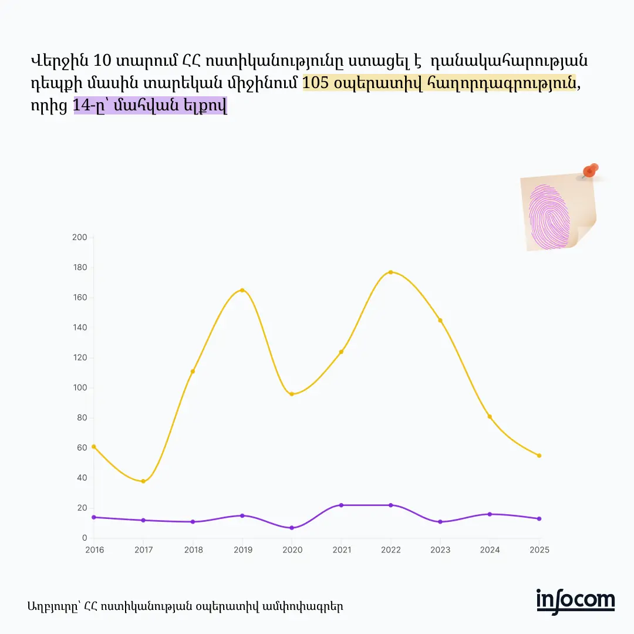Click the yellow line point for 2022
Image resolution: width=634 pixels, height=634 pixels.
(x=391, y=272)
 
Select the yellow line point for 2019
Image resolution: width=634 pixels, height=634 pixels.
(x=242, y=290)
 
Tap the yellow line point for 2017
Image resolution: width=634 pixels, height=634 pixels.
(x=143, y=481)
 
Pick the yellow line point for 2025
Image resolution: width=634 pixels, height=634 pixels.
(x=539, y=456)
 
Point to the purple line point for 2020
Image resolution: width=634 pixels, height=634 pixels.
(x=292, y=528)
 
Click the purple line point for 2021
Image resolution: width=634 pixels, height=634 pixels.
(x=341, y=505)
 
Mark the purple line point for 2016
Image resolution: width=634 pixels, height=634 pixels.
(x=94, y=517)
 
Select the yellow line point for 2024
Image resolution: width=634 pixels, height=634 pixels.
(x=490, y=417)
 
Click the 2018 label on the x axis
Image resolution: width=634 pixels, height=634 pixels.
(x=193, y=550)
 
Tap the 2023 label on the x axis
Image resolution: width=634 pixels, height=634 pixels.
(x=440, y=550)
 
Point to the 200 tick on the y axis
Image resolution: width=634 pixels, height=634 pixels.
(x=80, y=237)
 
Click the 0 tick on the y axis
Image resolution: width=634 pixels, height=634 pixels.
(x=84, y=538)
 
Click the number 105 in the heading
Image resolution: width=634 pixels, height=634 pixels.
(x=316, y=83)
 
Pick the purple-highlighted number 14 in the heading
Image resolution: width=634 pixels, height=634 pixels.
(x=82, y=106)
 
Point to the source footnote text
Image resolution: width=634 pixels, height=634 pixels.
(x=185, y=606)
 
